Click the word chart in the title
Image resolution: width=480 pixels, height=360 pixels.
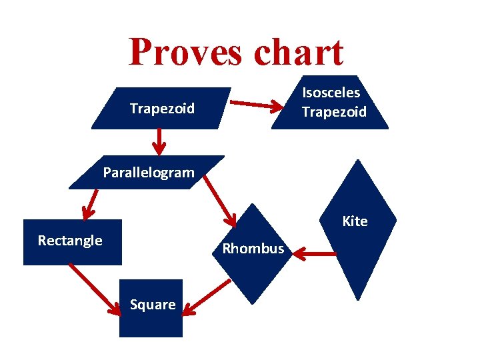tap(294, 52)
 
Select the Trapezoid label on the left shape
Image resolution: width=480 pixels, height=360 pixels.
tap(162, 108)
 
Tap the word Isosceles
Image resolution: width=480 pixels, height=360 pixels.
tap(331, 93)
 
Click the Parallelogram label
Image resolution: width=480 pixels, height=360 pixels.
tap(149, 173)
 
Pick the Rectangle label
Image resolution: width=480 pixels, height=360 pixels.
tap(70, 241)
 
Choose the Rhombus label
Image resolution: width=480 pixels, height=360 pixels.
tap(253, 249)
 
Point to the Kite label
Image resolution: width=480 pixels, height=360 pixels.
tap(355, 221)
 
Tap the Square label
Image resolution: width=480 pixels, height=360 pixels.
tap(153, 305)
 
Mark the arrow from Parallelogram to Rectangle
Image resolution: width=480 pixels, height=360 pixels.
tap(89, 204)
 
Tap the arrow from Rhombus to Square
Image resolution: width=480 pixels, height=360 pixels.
tap(206, 297)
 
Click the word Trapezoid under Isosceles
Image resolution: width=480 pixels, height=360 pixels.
tap(334, 111)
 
